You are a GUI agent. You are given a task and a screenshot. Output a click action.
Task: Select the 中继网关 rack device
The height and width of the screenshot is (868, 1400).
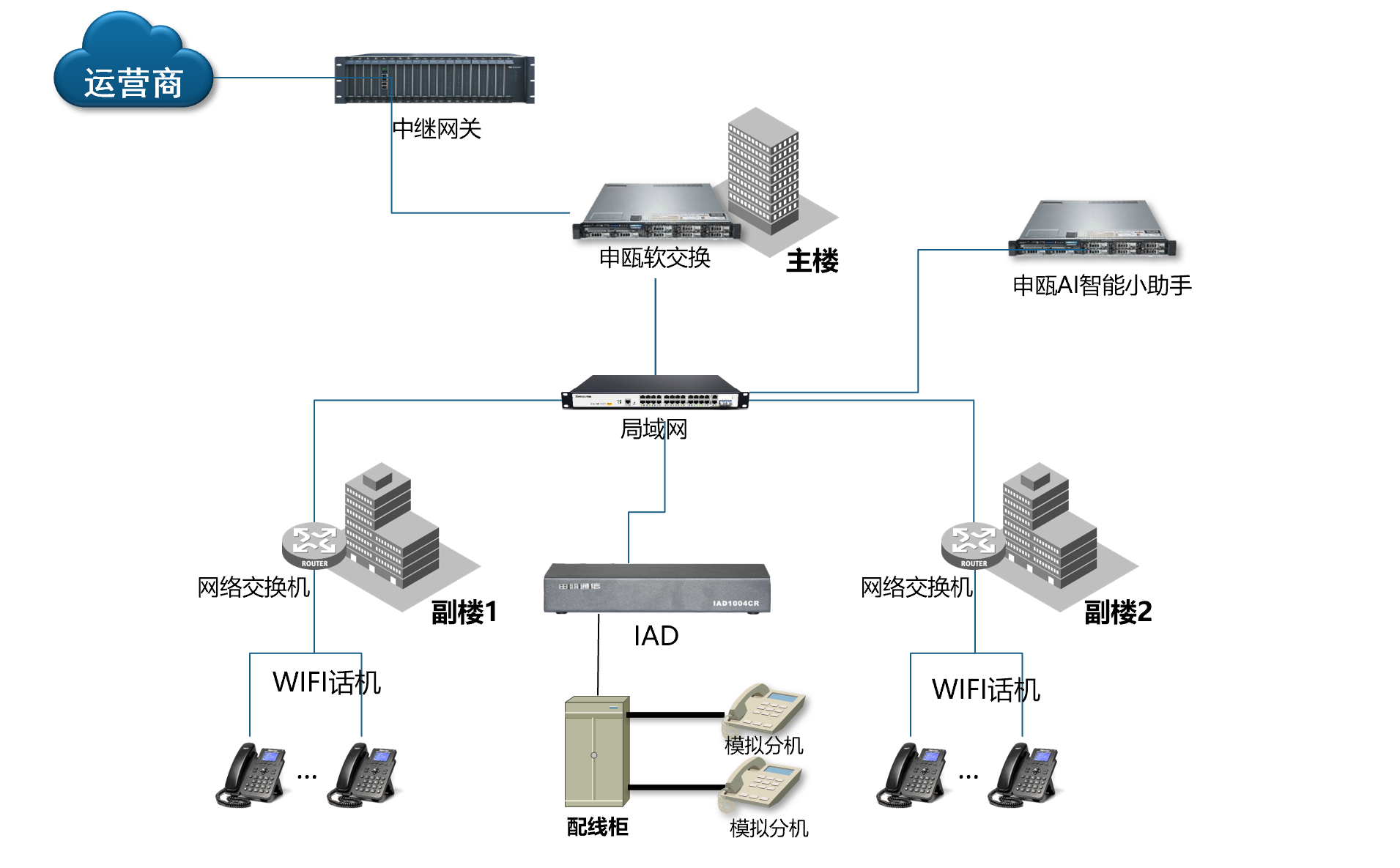[434, 79]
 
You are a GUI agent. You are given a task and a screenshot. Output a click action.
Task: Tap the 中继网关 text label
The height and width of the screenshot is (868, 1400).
[437, 129]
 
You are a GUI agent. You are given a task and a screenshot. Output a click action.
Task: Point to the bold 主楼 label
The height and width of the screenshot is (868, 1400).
[812, 261]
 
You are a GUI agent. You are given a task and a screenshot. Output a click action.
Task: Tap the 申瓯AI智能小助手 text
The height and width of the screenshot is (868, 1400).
[1102, 285]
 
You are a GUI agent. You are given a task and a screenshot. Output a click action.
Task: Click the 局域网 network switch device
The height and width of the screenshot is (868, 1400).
[655, 392]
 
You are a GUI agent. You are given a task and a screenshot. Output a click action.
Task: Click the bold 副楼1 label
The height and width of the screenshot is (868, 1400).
[464, 612]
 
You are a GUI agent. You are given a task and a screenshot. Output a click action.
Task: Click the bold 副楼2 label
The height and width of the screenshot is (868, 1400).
[1118, 612]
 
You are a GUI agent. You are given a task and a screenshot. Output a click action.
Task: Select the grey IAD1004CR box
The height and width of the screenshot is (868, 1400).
[656, 588]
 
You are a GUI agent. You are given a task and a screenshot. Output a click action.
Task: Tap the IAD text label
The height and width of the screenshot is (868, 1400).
[656, 636]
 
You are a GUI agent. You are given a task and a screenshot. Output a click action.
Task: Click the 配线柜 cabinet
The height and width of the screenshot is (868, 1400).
[596, 751]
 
